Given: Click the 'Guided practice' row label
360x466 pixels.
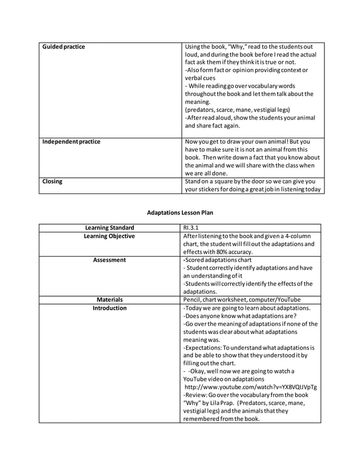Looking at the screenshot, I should point(64,47).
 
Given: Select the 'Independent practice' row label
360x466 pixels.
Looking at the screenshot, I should point(71,142).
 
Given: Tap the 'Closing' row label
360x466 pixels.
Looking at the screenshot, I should point(52,182).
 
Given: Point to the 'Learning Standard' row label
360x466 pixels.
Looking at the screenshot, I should point(109,228).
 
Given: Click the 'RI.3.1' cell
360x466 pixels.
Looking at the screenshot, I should point(192,228).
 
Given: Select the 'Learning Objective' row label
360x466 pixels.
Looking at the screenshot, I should point(109,236).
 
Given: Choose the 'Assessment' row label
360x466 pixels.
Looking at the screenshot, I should point(109,260).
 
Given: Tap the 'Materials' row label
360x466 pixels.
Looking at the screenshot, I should point(109,300).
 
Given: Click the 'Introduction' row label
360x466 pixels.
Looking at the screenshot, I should point(109,308).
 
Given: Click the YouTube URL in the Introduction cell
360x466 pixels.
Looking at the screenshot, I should point(250,388).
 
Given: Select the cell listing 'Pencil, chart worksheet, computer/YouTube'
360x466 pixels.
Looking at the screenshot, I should point(242,300).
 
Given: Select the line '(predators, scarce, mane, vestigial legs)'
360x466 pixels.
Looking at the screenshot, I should point(237,110).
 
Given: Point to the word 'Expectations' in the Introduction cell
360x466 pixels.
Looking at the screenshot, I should point(204,348).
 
